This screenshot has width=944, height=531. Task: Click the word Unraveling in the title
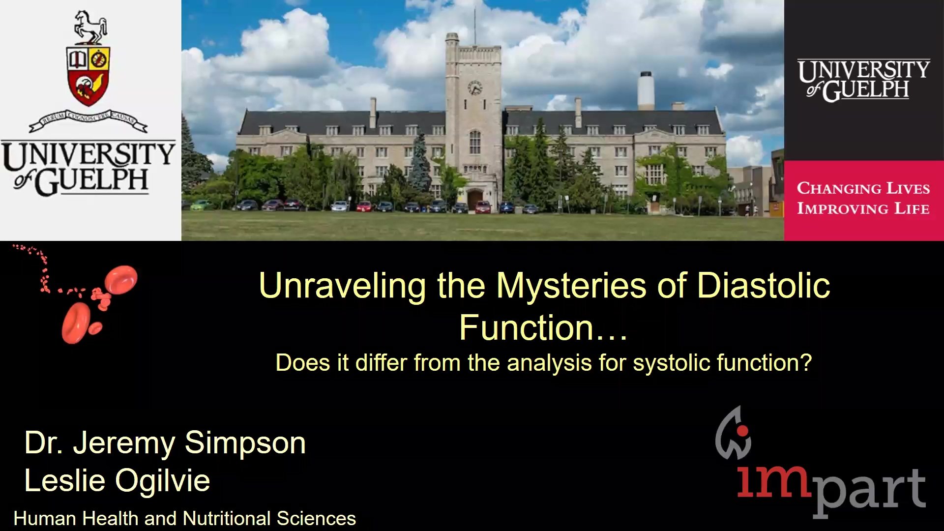click(342, 286)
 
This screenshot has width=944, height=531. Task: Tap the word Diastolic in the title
click(764, 285)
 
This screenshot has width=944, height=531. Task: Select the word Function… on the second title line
click(543, 327)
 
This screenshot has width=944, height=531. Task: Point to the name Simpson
click(245, 443)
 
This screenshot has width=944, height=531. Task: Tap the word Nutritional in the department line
click(227, 518)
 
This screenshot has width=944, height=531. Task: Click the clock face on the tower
click(474, 88)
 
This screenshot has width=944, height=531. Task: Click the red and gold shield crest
click(88, 76)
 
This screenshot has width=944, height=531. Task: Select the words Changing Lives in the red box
click(863, 188)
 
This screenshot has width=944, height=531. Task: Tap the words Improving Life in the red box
click(863, 208)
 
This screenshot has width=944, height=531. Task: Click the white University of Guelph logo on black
click(863, 80)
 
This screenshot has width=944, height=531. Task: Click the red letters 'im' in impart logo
click(773, 481)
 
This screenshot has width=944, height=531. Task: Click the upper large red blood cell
click(121, 279)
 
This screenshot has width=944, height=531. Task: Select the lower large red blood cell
click(76, 323)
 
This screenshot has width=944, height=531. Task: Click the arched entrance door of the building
click(474, 200)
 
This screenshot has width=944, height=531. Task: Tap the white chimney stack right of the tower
click(646, 91)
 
